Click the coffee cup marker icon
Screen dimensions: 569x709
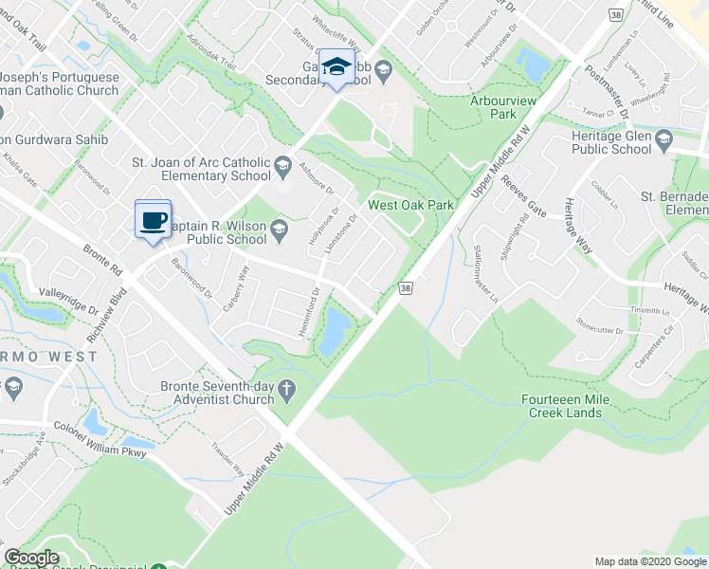(x=153, y=220)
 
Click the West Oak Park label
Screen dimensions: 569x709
(x=411, y=205)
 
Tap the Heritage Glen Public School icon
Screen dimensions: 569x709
(x=664, y=138)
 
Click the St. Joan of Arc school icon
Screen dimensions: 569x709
(x=282, y=170)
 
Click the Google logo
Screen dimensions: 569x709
(x=32, y=558)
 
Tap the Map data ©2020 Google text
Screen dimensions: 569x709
(x=649, y=561)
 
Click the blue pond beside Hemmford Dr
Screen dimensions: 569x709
(x=333, y=330)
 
